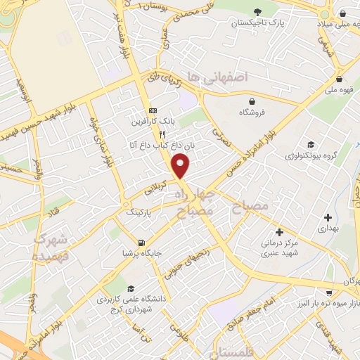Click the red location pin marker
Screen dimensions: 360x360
pyautogui.click(x=181, y=166)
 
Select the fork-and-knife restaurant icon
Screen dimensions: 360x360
pyautogui.click(x=162, y=134)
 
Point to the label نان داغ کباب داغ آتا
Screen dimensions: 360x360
pyautogui.click(x=151, y=145)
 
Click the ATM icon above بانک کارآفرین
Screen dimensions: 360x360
pyautogui.click(x=152, y=111)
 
